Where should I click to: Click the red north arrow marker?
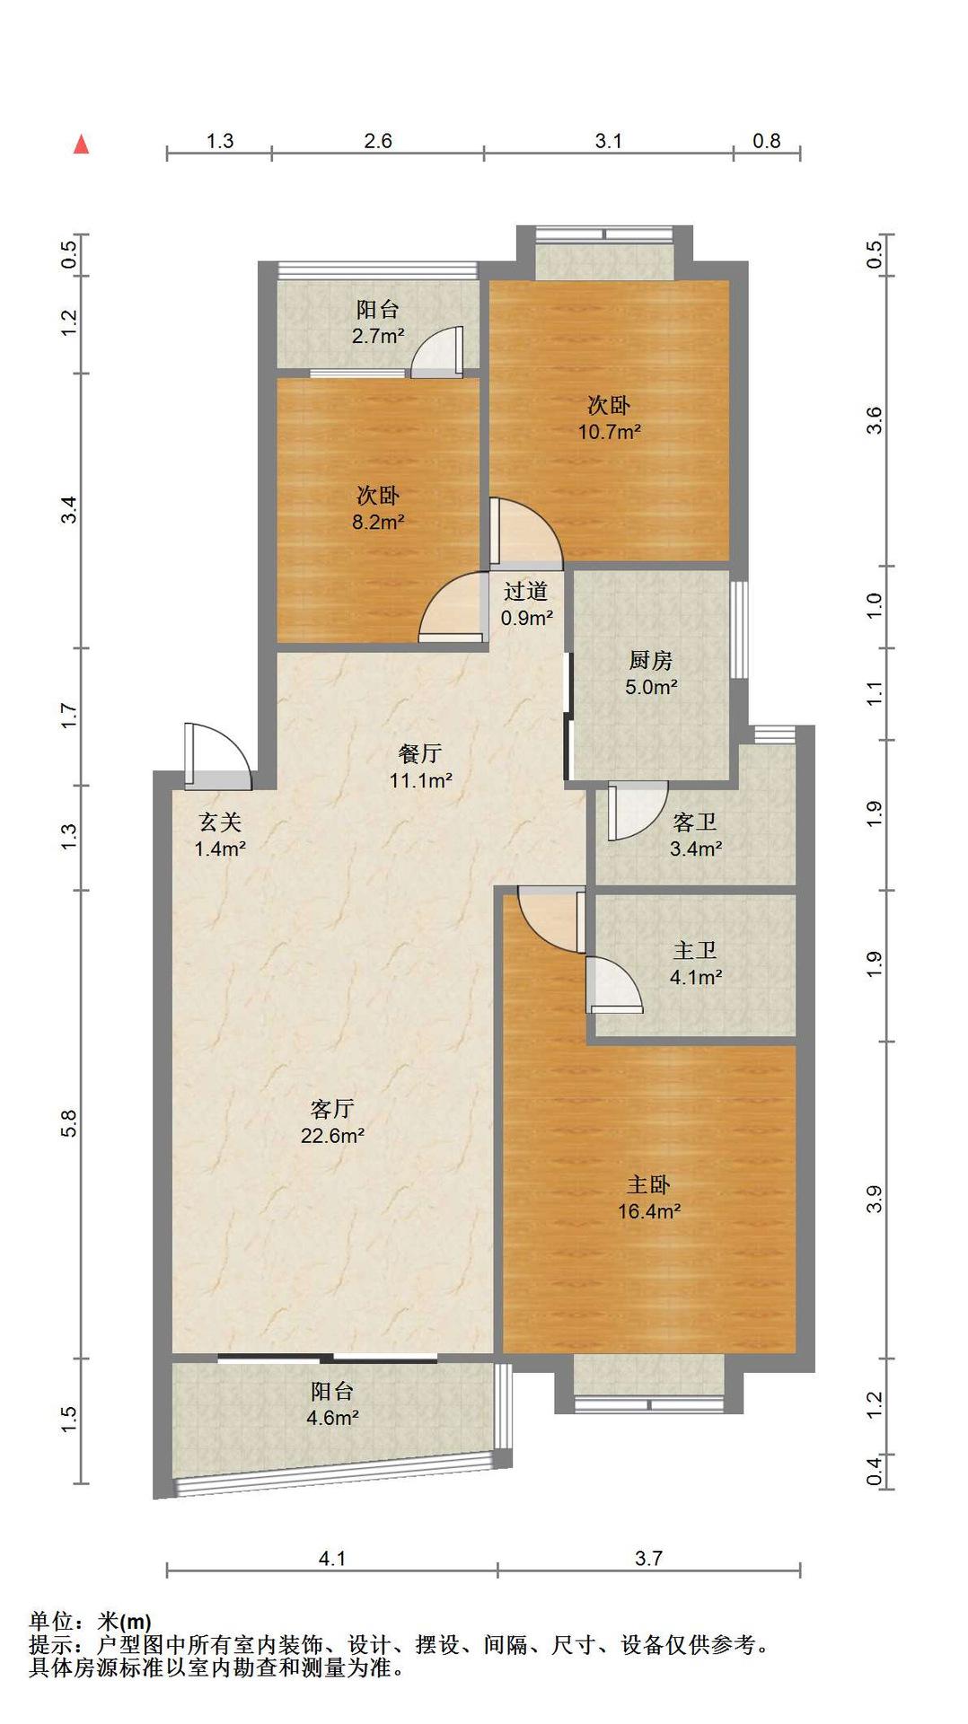click(81, 144)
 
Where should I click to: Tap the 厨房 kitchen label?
click(650, 661)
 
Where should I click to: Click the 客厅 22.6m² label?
click(332, 1122)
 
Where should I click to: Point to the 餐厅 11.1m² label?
click(420, 767)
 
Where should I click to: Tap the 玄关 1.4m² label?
click(220, 835)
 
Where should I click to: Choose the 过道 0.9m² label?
click(526, 604)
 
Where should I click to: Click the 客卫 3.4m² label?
click(696, 835)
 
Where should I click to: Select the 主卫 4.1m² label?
click(696, 963)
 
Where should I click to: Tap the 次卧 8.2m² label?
click(378, 508)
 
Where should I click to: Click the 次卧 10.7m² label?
click(609, 418)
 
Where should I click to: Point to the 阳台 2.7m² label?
click(378, 322)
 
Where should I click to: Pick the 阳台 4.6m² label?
click(333, 1404)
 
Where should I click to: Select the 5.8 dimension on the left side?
click(70, 1123)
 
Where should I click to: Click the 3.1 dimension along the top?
click(609, 141)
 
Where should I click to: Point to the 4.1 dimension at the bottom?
click(332, 1559)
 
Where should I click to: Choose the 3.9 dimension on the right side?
click(875, 1199)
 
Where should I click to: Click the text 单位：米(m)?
click(90, 1622)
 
